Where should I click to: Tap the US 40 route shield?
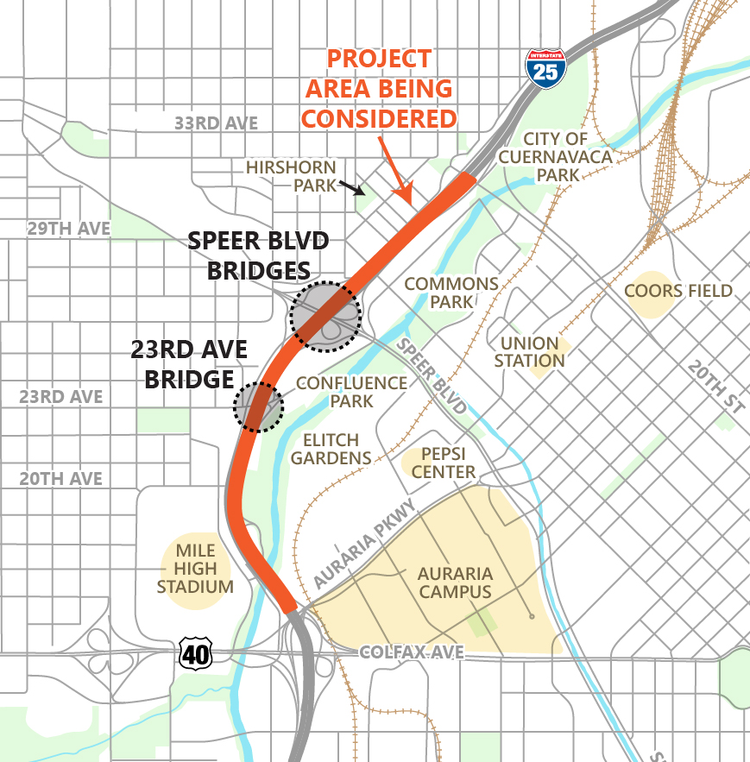[x=196, y=654]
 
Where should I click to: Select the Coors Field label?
[x=678, y=291]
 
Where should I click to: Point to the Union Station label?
[x=530, y=351]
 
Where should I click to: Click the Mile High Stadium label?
[x=195, y=569]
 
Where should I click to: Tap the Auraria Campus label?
[x=455, y=583]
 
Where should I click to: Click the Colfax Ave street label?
[x=412, y=653]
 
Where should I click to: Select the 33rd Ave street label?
[x=216, y=123]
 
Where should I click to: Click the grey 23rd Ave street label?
[x=61, y=397]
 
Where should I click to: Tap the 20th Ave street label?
[x=61, y=479]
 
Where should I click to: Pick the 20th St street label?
[x=715, y=385]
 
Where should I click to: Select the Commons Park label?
[x=451, y=293]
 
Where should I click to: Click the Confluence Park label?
[x=351, y=392]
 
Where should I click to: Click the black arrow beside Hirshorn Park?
[x=350, y=186]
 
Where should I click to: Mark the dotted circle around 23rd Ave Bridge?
[x=258, y=406]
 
